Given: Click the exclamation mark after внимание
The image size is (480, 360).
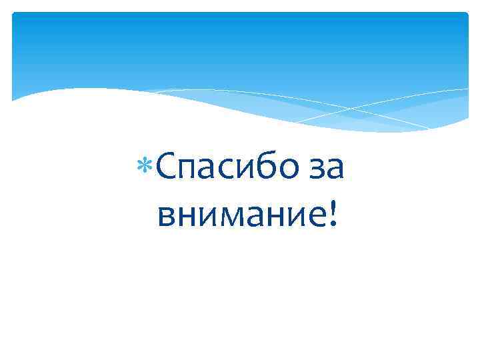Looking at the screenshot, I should click(x=332, y=213).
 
